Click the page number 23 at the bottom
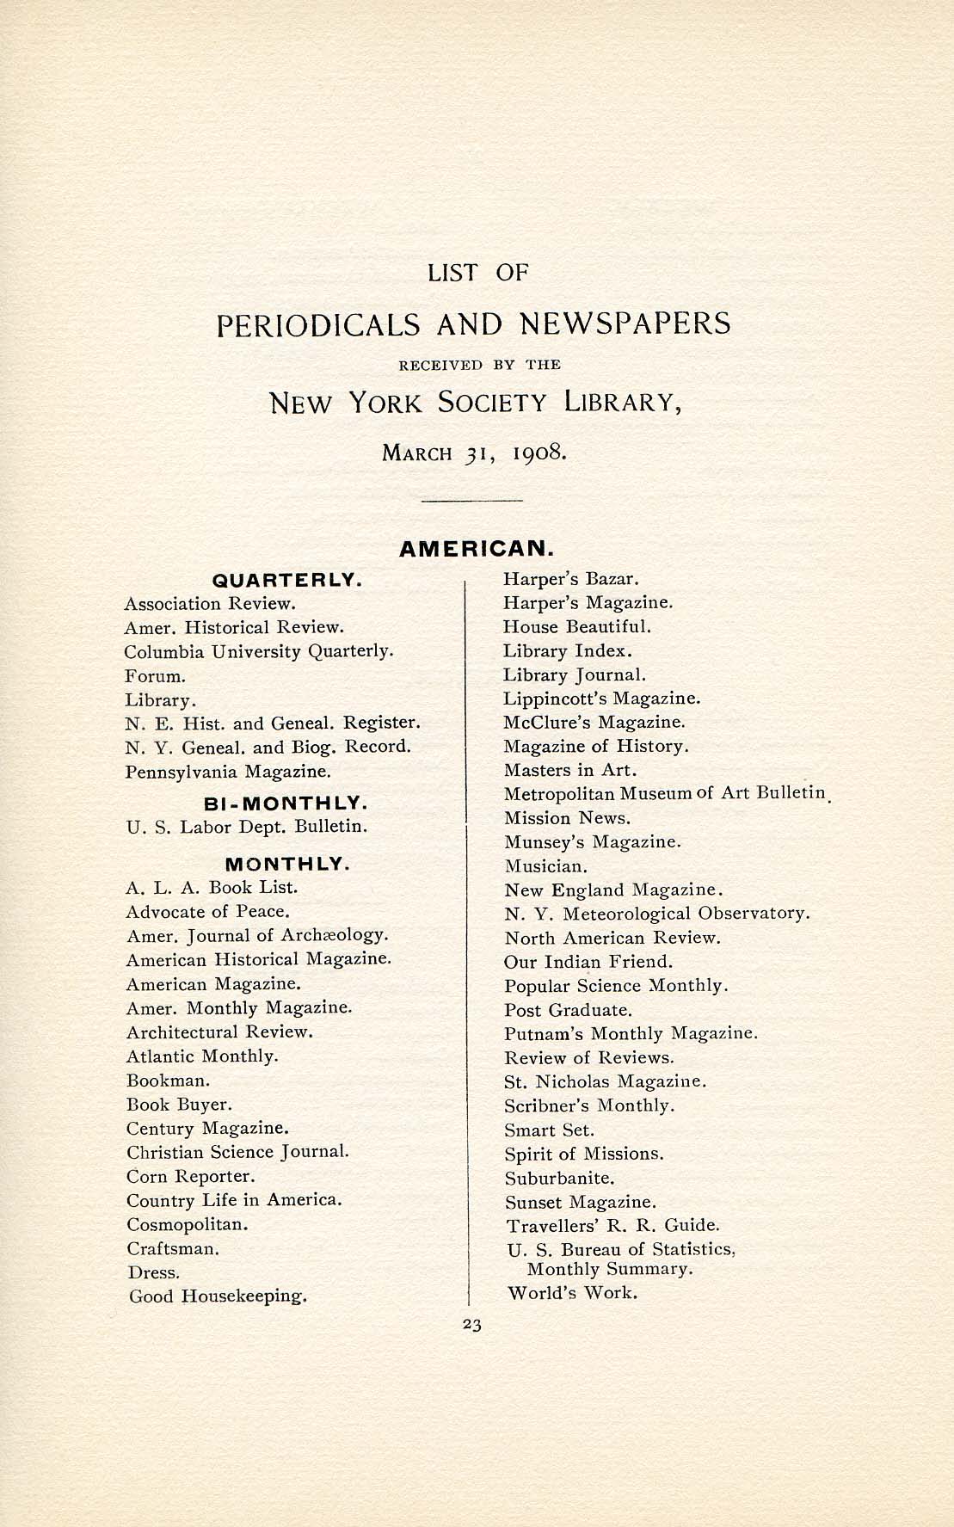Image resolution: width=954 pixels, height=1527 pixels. [x=471, y=1325]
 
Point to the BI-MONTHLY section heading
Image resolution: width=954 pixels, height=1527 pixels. [x=286, y=804]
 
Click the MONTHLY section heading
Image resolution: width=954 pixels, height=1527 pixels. [x=286, y=863]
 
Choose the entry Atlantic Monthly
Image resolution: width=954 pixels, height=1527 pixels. [x=202, y=1056]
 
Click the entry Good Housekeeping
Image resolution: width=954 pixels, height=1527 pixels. [x=218, y=1296]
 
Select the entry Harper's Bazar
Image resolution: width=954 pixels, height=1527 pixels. [x=571, y=579]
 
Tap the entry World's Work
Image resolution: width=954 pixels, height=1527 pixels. [x=572, y=1292]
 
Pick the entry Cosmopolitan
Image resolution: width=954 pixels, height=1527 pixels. [x=188, y=1223]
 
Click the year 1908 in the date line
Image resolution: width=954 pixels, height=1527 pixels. [x=539, y=453]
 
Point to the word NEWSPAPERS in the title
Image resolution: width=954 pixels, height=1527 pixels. [x=625, y=323]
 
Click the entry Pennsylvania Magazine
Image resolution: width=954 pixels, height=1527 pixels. [x=228, y=771]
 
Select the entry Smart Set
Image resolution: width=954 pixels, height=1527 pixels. [x=549, y=1130]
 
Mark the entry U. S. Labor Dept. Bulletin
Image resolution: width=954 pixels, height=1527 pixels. [x=247, y=827]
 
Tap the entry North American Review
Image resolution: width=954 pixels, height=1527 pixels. [x=612, y=938]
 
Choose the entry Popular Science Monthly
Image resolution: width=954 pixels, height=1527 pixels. [x=616, y=986]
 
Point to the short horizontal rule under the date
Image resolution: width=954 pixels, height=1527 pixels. [x=473, y=500]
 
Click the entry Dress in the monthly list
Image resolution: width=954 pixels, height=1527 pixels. [x=153, y=1271]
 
